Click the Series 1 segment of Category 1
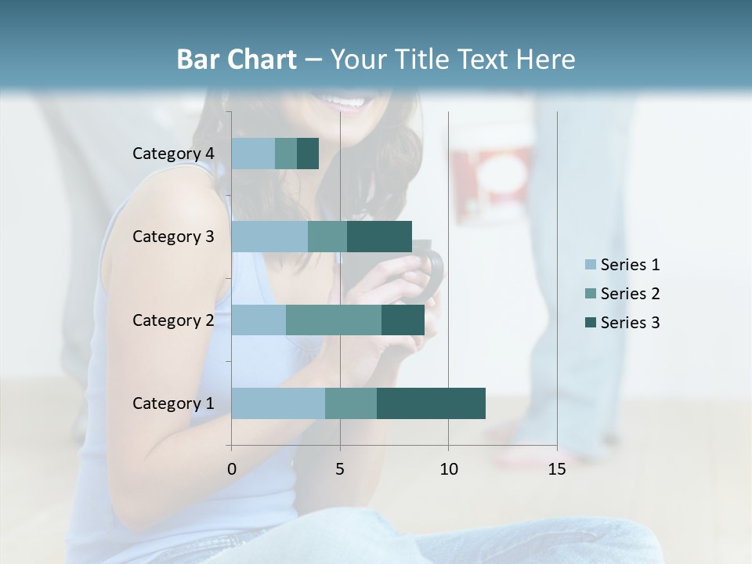point(278,403)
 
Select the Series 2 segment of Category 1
point(351,403)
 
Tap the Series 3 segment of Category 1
point(431,403)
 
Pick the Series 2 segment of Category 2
point(334,320)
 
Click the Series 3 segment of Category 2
point(403,320)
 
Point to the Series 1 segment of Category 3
point(269,237)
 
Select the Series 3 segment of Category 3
point(379,237)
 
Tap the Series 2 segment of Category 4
point(286,154)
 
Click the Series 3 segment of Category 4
point(308,154)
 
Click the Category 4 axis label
point(173,154)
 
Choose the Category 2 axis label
point(173,320)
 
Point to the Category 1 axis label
point(173,403)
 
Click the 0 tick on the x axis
point(232,469)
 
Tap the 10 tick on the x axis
point(448,469)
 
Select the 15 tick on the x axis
point(557,469)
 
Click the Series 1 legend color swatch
point(590,265)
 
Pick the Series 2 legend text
point(630,294)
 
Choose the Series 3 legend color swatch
point(590,323)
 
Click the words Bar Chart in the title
point(236,60)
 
